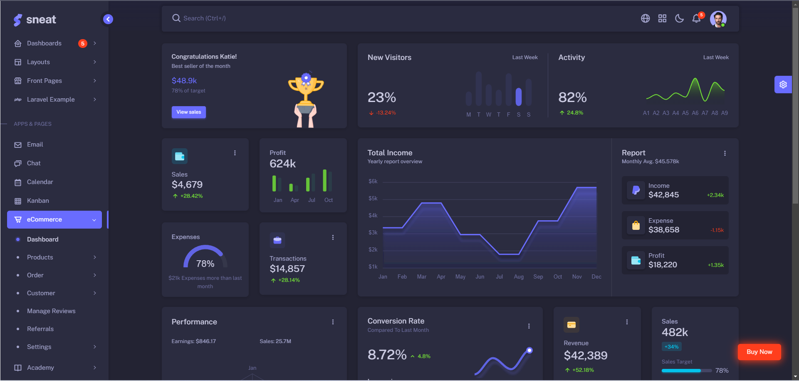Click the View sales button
[x=188, y=112]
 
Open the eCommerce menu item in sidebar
[x=54, y=219]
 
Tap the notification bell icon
[x=696, y=18]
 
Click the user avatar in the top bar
[x=718, y=19]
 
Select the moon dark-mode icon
[x=679, y=18]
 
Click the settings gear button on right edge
[x=783, y=85]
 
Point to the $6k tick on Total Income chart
[x=373, y=182]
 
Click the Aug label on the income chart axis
[x=519, y=277]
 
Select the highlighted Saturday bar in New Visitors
[x=519, y=97]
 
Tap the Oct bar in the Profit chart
[x=325, y=180]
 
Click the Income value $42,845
[x=663, y=195]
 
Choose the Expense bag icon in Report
[x=636, y=225]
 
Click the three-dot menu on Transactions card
[x=333, y=237]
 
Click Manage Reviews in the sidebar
[x=51, y=311]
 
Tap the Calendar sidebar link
[x=40, y=182]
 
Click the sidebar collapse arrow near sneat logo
[x=108, y=19]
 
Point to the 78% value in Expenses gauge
[x=205, y=264]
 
